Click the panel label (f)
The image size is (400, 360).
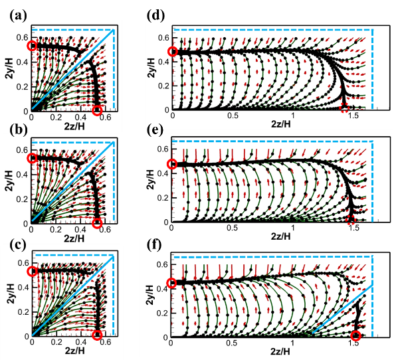tap(153, 244)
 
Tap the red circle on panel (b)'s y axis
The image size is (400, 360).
tap(32, 159)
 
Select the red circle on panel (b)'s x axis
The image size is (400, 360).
tap(98, 223)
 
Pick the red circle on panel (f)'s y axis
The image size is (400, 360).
tap(171, 283)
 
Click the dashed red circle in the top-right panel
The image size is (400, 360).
tap(344, 108)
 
